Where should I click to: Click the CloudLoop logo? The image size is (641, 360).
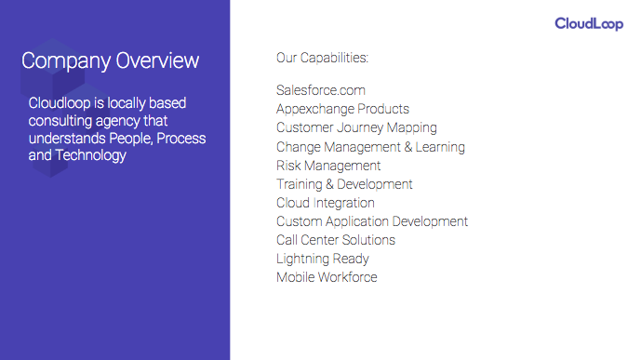coord(589,23)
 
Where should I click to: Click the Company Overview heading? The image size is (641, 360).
coord(110,60)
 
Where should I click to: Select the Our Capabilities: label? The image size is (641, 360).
coord(322,58)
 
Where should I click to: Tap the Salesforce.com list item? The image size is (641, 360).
coord(321,90)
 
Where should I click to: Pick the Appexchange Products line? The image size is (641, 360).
coord(342,109)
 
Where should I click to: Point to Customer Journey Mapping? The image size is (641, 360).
coord(356,127)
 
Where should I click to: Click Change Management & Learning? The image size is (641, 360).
coord(370,147)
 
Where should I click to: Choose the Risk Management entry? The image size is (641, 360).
coord(328,166)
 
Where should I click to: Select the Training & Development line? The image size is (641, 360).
coord(344,184)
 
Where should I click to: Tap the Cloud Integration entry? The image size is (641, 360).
coord(326,203)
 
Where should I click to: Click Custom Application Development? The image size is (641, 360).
coord(372,221)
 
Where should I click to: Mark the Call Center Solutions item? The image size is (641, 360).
coord(336,240)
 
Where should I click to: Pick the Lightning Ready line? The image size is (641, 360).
coord(323,259)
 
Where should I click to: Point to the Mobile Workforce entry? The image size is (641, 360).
coord(327,277)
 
